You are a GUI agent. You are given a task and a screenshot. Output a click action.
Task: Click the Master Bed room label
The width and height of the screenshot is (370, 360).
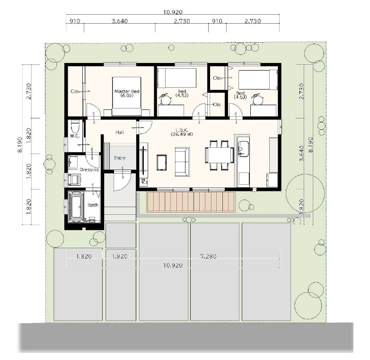coord(127,91)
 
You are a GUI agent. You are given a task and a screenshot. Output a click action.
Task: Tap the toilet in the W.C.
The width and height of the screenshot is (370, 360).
coord(75,126)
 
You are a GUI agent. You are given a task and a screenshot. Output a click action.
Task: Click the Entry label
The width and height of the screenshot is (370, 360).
coord(120,158)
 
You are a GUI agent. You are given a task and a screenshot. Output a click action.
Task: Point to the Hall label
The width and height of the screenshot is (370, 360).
coord(120,132)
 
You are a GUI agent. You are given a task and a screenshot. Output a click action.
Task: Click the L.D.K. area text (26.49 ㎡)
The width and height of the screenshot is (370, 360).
coord(182,135)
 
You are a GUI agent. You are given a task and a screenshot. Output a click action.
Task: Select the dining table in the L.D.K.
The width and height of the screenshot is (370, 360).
coord(219,155)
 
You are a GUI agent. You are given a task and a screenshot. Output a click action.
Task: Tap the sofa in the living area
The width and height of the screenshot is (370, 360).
coord(183,162)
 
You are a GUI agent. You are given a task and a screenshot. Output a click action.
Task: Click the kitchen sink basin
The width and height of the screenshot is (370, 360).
coord(243,148)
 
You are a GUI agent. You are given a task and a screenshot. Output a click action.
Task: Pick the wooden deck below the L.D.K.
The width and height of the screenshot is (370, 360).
coord(191,202)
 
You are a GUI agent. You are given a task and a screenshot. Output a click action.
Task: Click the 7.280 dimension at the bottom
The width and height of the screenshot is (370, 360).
coord(208,256)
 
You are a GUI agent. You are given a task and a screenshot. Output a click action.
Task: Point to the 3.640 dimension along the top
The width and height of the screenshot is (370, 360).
coord(120,21)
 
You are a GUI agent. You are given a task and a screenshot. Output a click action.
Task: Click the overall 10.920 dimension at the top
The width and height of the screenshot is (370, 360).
coord(173,12)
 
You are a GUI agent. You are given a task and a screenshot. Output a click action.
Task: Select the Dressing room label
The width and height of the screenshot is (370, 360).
coord(89,170)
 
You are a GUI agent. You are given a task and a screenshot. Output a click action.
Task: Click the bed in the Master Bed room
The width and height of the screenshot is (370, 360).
coord(127,96)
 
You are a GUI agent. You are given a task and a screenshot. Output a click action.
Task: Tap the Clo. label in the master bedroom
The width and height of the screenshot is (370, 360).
coord(75,91)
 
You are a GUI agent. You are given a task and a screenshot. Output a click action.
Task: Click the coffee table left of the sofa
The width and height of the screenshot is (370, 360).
coord(162,162)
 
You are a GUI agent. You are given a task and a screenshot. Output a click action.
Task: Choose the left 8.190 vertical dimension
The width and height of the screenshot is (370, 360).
coord(20,144)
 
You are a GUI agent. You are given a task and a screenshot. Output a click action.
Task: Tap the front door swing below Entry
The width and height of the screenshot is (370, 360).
coord(122,180)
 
